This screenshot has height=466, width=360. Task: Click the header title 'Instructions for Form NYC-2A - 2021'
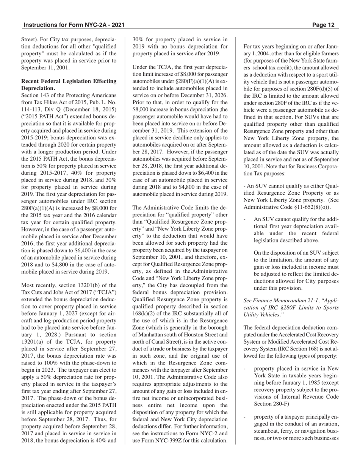point(74,25)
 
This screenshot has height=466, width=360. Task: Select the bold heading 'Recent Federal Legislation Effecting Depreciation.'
point(69,84)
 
